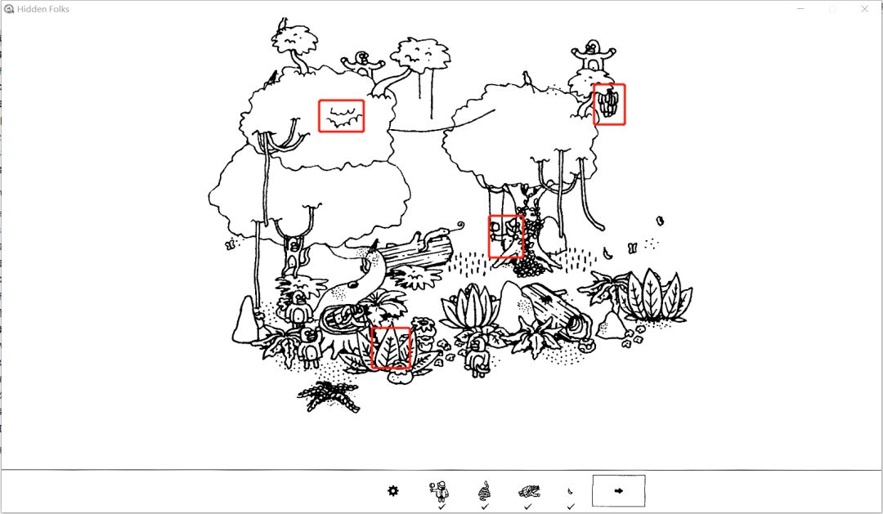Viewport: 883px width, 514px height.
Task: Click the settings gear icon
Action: click(393, 491)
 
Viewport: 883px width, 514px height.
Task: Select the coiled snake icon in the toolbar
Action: click(484, 491)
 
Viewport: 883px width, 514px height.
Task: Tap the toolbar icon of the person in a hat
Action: click(441, 491)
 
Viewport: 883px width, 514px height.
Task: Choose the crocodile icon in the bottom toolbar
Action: click(529, 491)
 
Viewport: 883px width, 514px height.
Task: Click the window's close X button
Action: click(865, 9)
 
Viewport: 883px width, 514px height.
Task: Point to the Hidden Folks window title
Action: click(43, 9)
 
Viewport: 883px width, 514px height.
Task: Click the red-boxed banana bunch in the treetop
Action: click(609, 104)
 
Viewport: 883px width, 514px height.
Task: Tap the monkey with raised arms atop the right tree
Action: click(593, 56)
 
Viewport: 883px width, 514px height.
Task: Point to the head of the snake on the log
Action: click(444, 230)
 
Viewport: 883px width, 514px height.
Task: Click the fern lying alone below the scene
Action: click(329, 396)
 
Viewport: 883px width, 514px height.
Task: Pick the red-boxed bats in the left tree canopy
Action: click(341, 117)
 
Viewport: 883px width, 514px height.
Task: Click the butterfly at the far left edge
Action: click(230, 245)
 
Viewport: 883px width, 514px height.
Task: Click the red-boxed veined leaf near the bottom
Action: click(390, 348)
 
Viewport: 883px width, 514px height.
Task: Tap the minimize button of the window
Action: click(800, 9)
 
